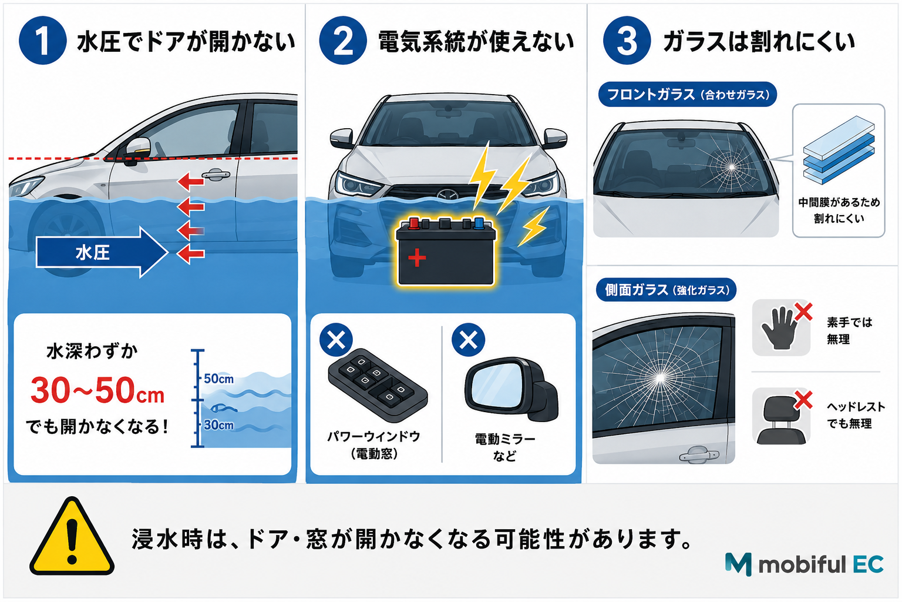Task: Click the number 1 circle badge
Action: tap(42, 41)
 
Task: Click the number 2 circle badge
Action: tap(343, 41)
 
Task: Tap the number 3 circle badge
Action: tap(627, 41)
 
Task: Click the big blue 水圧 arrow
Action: tap(102, 252)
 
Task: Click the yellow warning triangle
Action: tap(72, 537)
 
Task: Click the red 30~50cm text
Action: tap(97, 391)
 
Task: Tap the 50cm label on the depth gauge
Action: tap(218, 379)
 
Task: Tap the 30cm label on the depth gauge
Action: tap(218, 425)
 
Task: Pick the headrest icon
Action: tap(781, 420)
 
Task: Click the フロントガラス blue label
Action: tap(688, 95)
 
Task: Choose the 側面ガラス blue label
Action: tap(667, 290)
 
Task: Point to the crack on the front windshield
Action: tap(731, 166)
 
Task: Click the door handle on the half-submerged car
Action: tap(216, 175)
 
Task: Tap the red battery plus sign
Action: tap(417, 257)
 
